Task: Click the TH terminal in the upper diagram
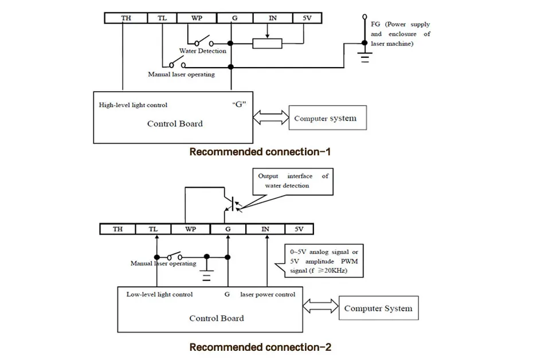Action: (x=126, y=18)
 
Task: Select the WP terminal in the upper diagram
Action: (x=197, y=18)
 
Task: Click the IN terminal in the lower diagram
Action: (x=265, y=229)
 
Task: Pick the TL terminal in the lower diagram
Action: (x=153, y=229)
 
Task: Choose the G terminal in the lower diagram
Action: (x=228, y=229)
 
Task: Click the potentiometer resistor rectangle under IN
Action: (x=267, y=44)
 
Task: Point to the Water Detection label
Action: (x=202, y=51)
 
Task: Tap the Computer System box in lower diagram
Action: (x=378, y=308)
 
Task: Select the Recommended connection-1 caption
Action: (x=260, y=152)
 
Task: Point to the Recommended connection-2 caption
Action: (x=260, y=347)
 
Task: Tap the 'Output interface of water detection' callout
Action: (x=292, y=181)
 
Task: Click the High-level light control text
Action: (x=133, y=105)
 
